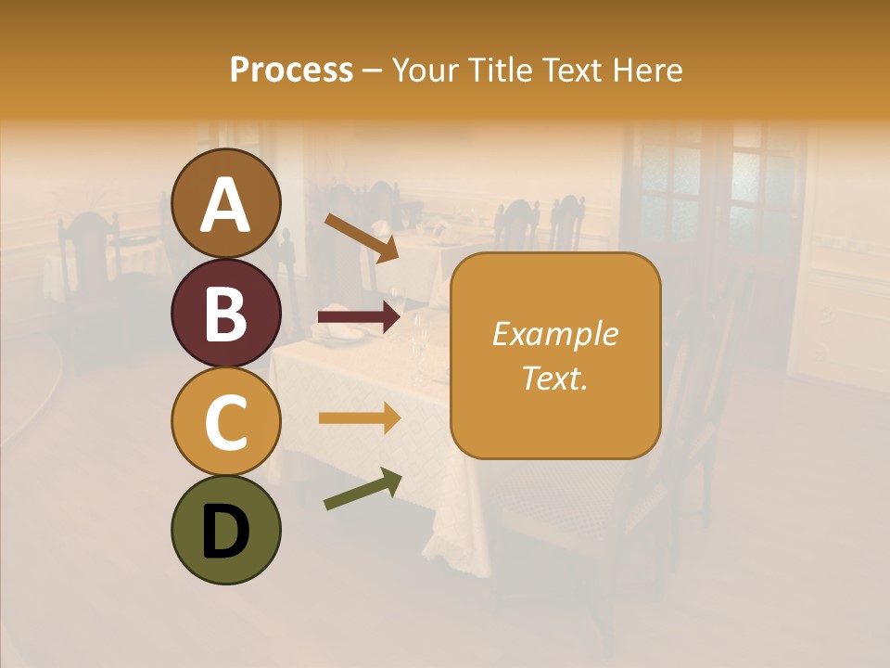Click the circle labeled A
coord(226,203)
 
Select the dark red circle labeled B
coord(226,313)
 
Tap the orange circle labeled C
coord(226,421)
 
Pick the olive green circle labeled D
coord(226,530)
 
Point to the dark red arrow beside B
coord(359,317)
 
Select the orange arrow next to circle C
coord(359,418)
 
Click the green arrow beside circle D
coord(362,489)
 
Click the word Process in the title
coord(291,70)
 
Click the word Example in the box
coord(555,334)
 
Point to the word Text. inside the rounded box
coord(555,378)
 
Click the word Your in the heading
coord(425,70)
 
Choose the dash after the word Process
coord(373,71)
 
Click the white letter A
coord(226,205)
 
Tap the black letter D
coord(226,532)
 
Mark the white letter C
coord(226,422)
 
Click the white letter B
coord(226,314)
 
